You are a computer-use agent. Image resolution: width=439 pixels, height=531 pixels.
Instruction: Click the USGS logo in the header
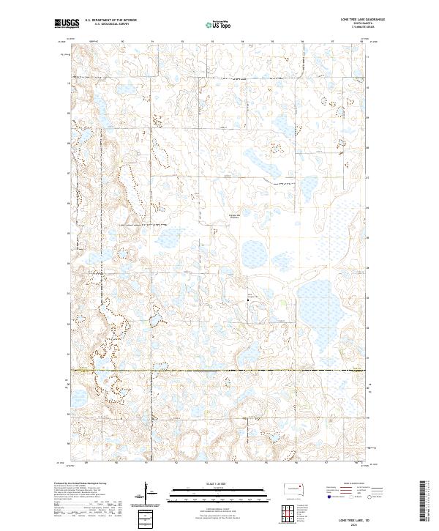click(67, 24)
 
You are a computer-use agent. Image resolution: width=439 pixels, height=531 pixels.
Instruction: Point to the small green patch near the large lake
click(286, 301)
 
